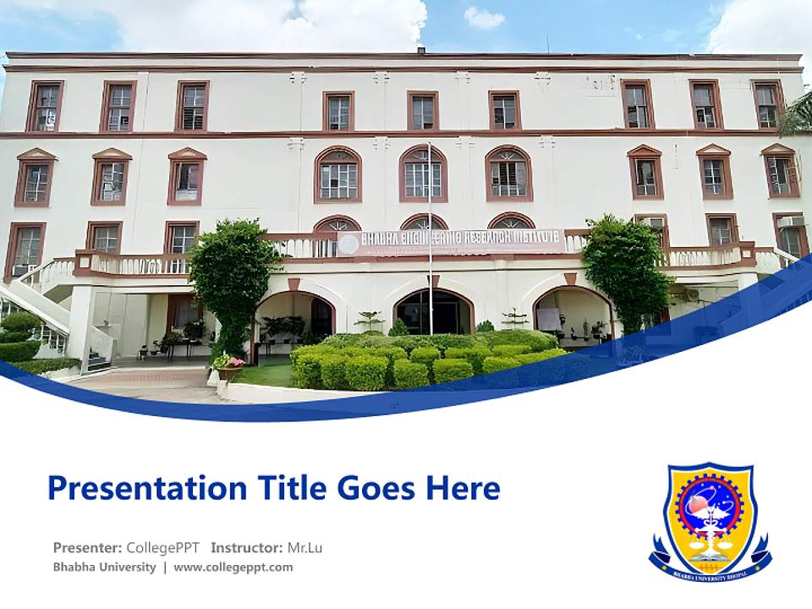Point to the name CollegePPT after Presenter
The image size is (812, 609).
162,547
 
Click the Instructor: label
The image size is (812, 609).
247,547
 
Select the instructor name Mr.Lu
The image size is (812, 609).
304,547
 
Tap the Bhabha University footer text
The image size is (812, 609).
104,567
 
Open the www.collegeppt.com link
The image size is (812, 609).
233,567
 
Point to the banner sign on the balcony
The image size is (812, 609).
451,242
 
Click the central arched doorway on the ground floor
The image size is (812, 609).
434,311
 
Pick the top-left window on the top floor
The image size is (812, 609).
45,107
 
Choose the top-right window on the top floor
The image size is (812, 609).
768,105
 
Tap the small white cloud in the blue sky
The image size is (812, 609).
484,18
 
